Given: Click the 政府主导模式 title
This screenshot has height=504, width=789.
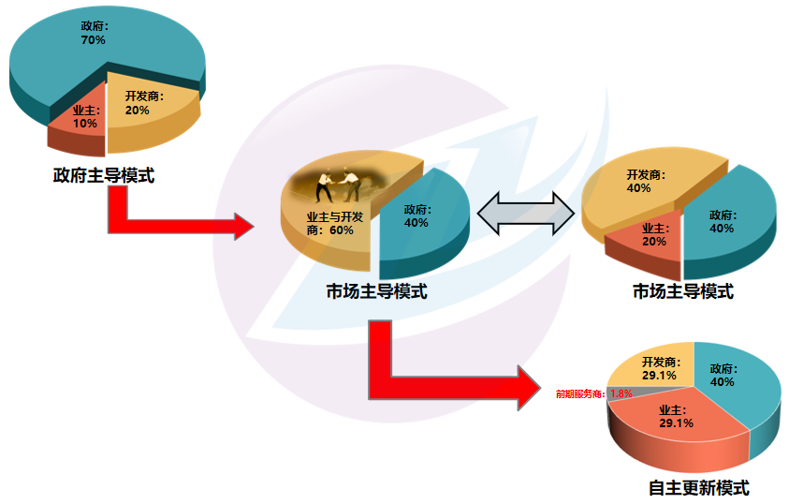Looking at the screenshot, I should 103,175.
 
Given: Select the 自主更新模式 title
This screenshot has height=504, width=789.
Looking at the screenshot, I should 698,488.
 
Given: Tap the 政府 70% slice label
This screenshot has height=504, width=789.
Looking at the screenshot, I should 95,34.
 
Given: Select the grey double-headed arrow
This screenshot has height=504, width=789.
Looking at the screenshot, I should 524,215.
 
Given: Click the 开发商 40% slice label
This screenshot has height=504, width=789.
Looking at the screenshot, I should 639,181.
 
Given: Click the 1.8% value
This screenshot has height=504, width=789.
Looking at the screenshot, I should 621,394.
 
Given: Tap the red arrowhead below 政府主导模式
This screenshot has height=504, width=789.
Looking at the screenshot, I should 241,226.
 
